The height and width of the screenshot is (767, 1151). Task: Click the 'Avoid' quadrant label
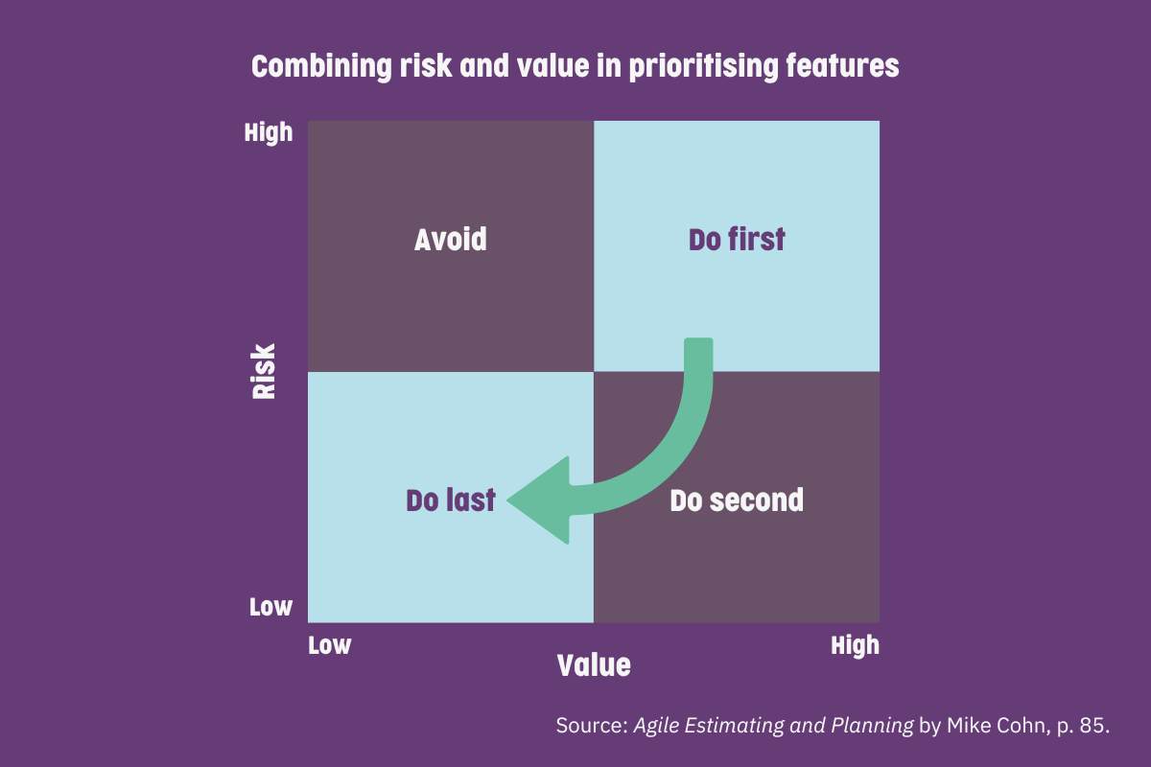(x=451, y=240)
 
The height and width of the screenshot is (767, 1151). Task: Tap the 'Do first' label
(x=737, y=240)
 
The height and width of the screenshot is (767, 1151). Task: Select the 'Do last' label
(x=451, y=500)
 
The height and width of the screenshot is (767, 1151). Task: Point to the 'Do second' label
(x=737, y=500)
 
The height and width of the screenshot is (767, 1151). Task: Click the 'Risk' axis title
(x=264, y=371)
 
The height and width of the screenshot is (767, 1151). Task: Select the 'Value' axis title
(x=594, y=665)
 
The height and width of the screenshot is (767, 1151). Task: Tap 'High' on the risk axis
(x=269, y=133)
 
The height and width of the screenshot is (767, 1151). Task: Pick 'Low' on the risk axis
(x=270, y=607)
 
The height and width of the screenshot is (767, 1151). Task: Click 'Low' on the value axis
(x=329, y=645)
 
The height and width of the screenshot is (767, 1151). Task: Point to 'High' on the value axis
(x=855, y=646)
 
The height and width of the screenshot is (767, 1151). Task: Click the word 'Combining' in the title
(x=321, y=67)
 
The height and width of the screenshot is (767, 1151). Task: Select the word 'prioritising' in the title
(x=703, y=67)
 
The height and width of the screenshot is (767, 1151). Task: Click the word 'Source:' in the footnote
(x=592, y=726)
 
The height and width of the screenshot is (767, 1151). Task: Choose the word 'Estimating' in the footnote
(x=735, y=727)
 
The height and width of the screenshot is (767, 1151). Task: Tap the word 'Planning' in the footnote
(x=873, y=727)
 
